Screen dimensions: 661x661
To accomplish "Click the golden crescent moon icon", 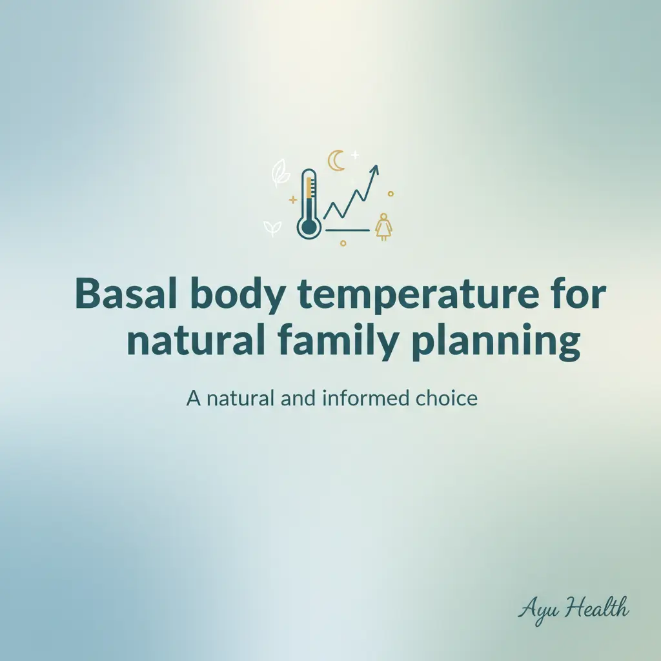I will point(336,161).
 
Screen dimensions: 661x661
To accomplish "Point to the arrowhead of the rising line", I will point(375,169).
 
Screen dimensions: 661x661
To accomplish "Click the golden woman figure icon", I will point(383,226).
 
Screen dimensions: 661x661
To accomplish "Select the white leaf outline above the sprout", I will point(281,173).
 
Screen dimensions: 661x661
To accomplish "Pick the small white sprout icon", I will point(272,227).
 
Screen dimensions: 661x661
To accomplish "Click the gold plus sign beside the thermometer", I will point(293,200).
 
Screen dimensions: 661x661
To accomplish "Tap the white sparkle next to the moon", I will point(354,155).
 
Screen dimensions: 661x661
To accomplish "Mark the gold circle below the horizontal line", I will point(343,243).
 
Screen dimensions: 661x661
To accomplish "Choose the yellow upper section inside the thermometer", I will point(309,188).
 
